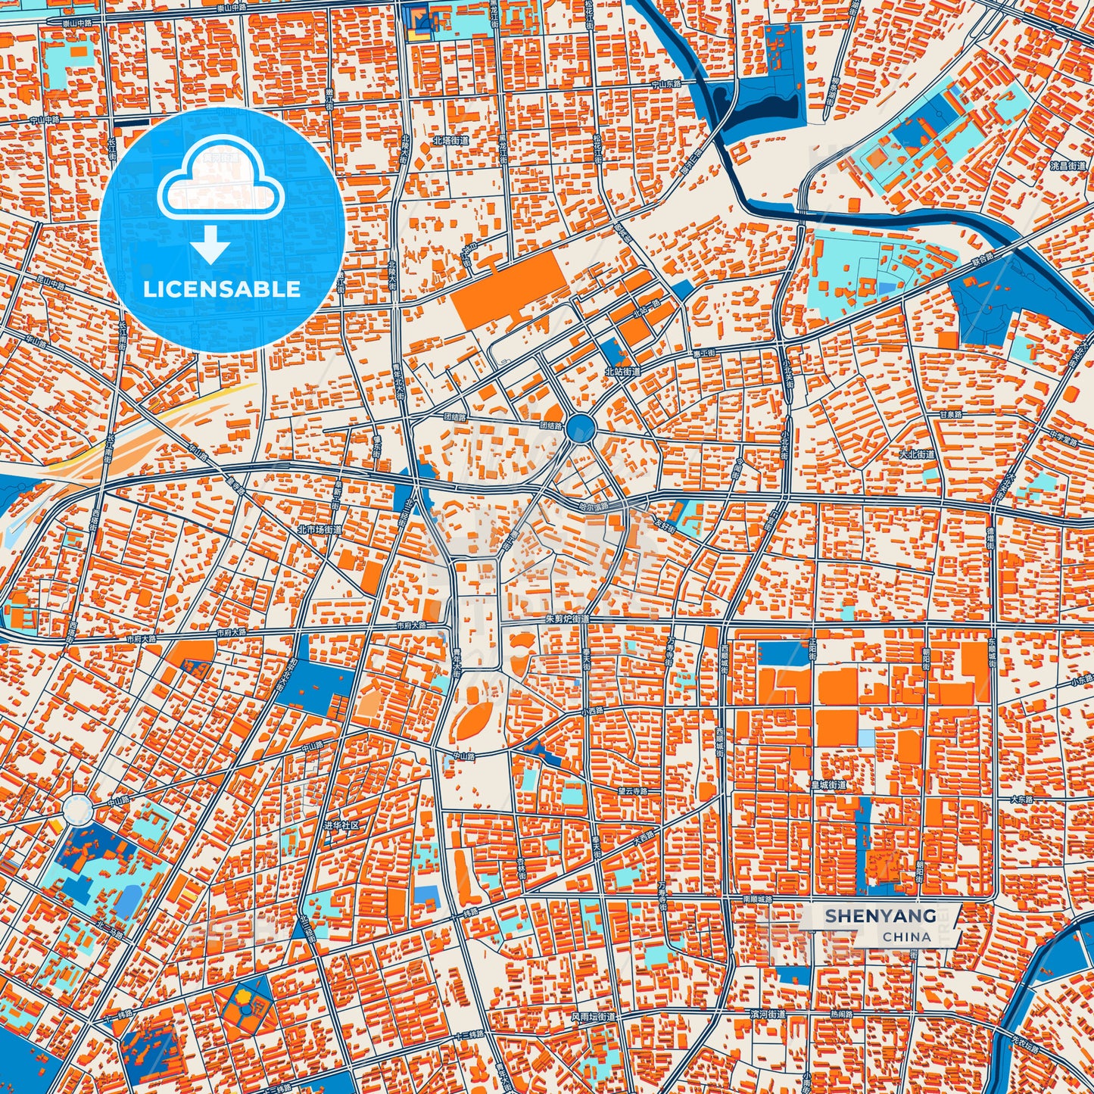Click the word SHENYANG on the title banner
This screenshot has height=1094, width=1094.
pos(880,916)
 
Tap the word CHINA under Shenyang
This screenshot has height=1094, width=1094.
pos(906,937)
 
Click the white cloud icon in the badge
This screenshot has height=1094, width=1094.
pos(220,184)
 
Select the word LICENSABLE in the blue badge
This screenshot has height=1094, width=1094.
pos(222,289)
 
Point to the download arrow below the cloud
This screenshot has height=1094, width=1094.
pos(210,245)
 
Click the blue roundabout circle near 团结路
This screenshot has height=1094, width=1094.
pos(581,429)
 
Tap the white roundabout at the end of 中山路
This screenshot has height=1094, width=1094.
pos(77,809)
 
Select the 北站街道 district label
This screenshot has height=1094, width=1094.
pos(622,372)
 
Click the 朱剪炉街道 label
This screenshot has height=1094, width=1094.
pos(566,619)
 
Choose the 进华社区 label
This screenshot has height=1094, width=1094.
pos(345,825)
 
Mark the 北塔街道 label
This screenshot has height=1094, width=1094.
pos(450,141)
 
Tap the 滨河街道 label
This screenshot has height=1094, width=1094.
pos(767,1014)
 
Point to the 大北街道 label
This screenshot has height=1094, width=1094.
pos(917,455)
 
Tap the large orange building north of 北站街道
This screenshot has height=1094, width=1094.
pos(507,290)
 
